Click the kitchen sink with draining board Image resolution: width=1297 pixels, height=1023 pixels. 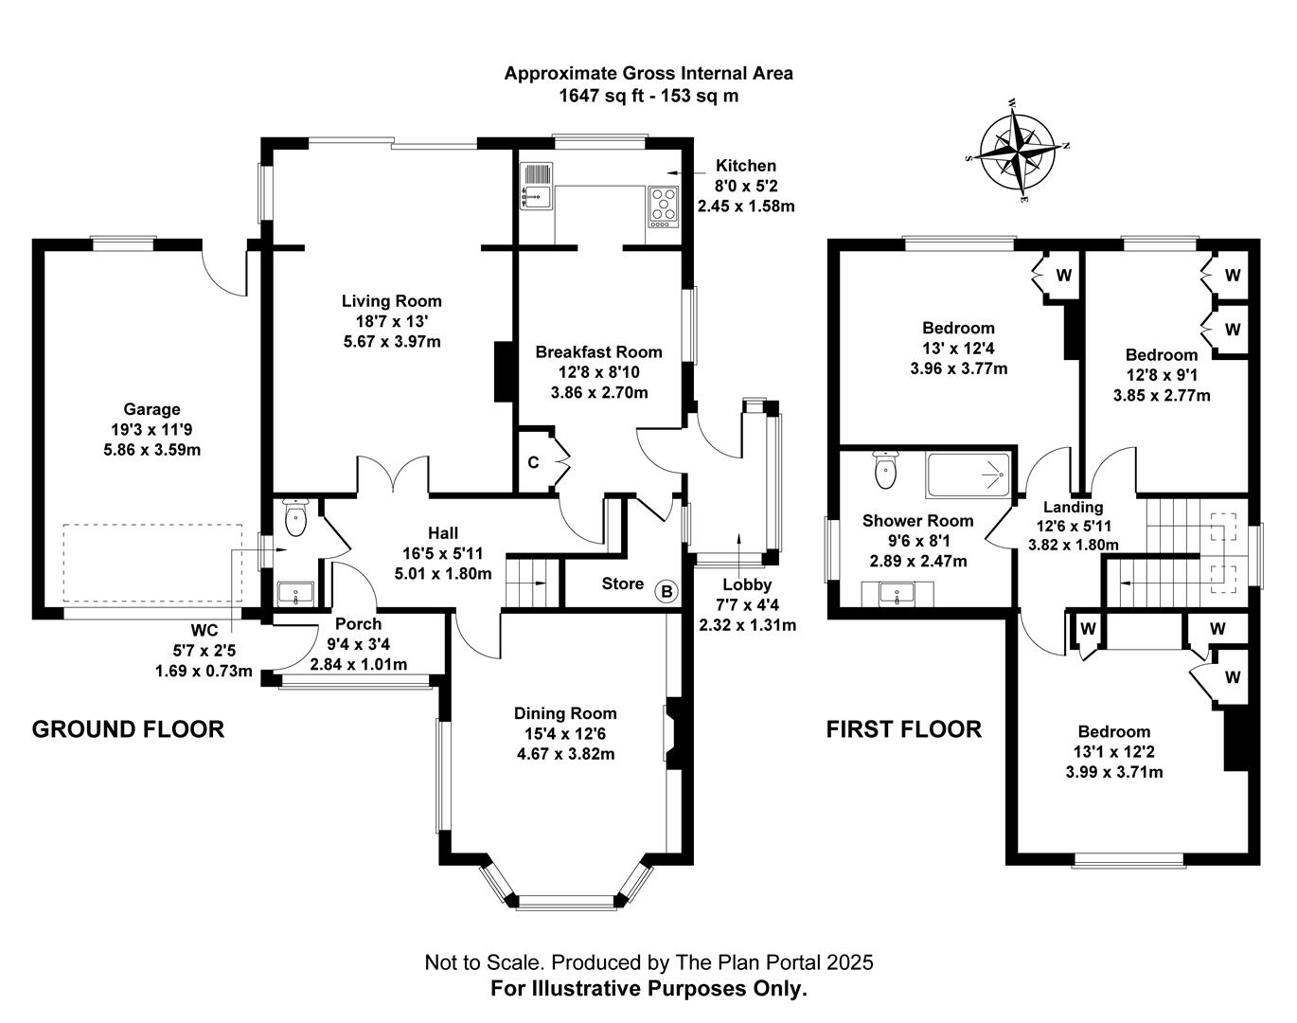coord(537,187)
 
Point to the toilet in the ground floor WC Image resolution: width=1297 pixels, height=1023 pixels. coord(297,518)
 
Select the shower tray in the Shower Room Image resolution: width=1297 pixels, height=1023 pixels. coord(968,476)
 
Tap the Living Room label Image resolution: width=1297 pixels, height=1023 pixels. coord(391,301)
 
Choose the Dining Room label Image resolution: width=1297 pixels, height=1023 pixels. coord(565,713)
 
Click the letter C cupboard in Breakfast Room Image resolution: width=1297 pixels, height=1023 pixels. coord(533,462)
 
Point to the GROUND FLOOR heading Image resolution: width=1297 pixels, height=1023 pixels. coord(129,729)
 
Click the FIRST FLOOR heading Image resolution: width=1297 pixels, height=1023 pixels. coord(903,729)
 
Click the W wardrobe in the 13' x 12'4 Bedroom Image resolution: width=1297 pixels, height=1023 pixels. coord(1063,276)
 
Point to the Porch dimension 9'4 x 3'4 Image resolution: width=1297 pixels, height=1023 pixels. coord(359,644)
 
